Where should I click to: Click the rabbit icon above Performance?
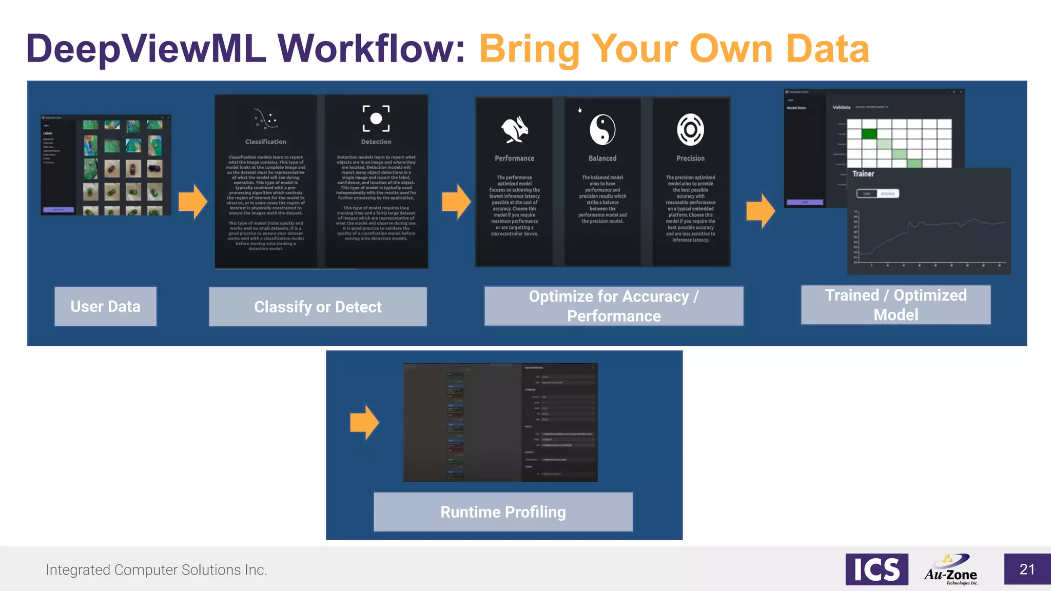tap(515, 129)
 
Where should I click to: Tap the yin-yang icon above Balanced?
tap(602, 129)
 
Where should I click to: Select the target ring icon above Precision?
tap(690, 129)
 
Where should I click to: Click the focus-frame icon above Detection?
tap(376, 119)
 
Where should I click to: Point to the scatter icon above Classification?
tap(265, 119)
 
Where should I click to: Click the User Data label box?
tap(105, 306)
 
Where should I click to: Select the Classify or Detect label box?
tap(318, 307)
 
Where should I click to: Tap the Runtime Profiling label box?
tap(503, 512)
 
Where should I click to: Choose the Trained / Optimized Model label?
tap(896, 305)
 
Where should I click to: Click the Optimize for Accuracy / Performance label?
tap(614, 306)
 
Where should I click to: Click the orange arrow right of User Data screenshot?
tap(192, 202)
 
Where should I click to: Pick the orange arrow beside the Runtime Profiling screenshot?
tap(364, 422)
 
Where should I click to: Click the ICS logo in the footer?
tap(877, 569)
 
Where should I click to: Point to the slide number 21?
tap(1027, 569)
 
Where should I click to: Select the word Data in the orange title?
tap(827, 49)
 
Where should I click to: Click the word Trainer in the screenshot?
tap(863, 174)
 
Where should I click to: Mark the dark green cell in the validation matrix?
tap(869, 134)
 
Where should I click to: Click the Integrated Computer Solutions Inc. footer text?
tap(157, 570)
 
